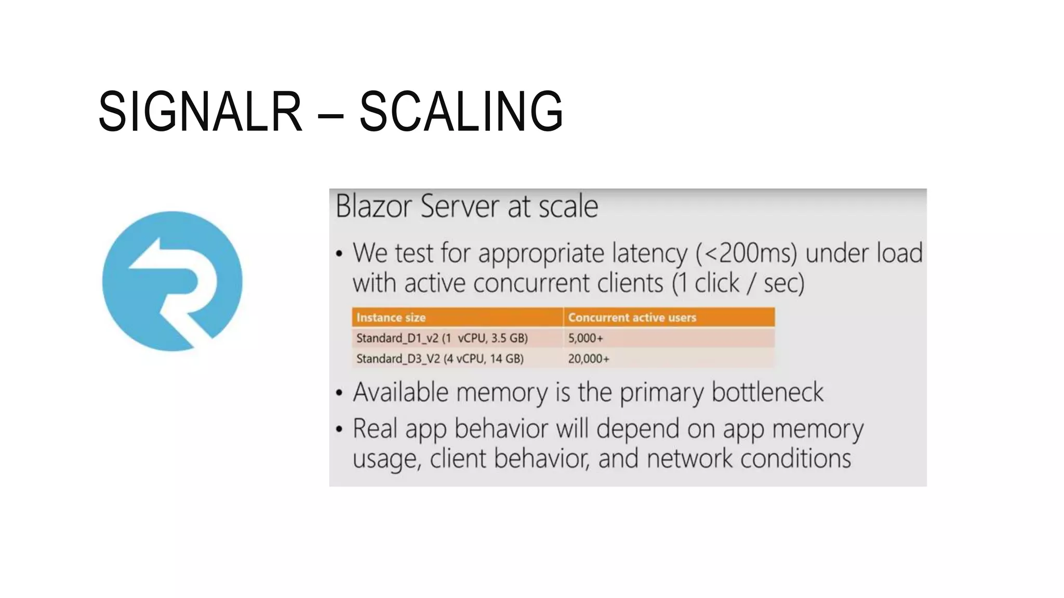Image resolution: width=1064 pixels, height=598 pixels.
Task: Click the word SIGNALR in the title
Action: point(200,111)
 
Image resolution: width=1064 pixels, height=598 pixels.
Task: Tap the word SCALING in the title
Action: point(461,111)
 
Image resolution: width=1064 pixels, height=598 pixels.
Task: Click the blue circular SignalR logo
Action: point(172,281)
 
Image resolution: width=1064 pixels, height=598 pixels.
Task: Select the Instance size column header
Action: point(391,317)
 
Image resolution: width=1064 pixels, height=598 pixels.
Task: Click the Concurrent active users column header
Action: point(632,317)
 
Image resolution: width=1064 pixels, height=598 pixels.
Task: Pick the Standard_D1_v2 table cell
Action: point(442,338)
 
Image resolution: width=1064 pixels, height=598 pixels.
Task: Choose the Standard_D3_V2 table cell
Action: point(440,359)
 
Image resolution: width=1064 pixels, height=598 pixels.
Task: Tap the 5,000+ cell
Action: point(586,338)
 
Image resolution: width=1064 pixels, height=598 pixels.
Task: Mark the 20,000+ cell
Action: point(588,359)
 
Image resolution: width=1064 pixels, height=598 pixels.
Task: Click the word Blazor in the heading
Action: point(374,206)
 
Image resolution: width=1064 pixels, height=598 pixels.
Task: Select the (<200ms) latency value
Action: point(746,253)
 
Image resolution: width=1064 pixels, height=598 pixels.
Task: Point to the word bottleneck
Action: point(767,392)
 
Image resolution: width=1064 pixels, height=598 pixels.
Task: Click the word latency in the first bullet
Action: point(649,253)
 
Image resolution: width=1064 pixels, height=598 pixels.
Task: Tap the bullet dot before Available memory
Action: point(339,393)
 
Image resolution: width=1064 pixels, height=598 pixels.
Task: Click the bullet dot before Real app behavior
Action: point(339,429)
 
